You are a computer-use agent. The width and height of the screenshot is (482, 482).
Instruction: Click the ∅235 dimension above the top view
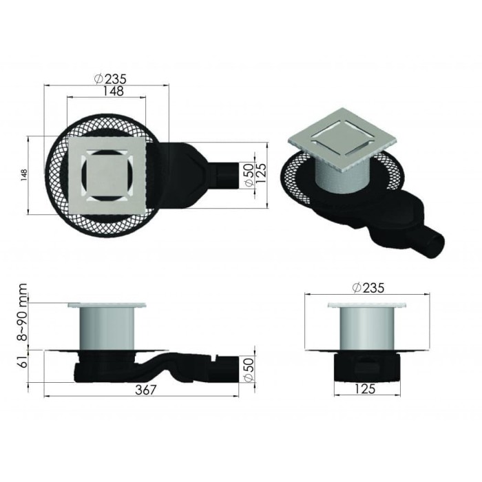pyautogui.click(x=110, y=78)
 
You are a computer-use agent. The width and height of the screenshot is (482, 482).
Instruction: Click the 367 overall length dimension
pyautogui.click(x=145, y=390)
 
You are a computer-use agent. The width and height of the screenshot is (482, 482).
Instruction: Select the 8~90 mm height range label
pyautogui.click(x=23, y=313)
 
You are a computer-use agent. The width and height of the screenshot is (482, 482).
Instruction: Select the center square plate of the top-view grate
pyautogui.click(x=108, y=174)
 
